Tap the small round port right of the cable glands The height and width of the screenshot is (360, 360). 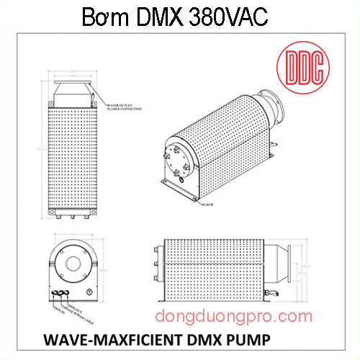89,292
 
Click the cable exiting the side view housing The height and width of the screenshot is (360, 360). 271,294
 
